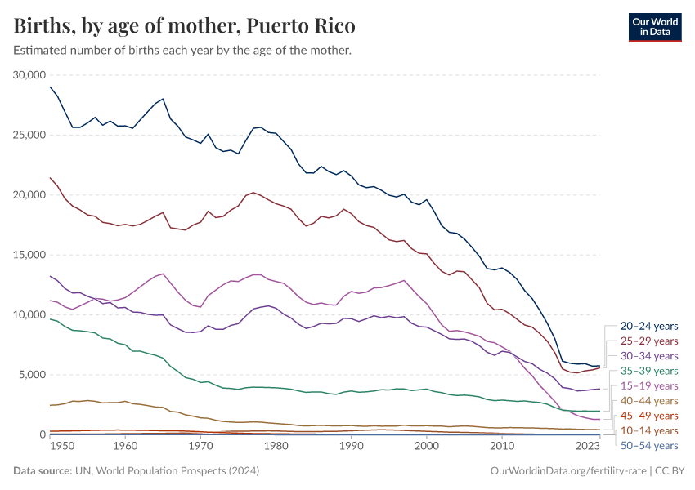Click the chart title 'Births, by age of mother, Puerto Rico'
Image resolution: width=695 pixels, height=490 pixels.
[185, 26]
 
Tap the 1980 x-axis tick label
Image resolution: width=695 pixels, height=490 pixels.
[276, 447]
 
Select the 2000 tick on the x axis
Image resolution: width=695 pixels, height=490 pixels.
[426, 447]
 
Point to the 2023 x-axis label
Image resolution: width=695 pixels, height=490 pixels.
[586, 447]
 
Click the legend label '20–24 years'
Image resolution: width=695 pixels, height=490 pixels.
[648, 326]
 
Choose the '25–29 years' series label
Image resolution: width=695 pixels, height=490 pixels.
[648, 341]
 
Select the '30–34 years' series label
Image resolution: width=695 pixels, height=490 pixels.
[648, 356]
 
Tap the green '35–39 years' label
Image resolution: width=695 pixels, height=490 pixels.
[648, 371]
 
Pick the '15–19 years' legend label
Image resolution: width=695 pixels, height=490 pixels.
[648, 385]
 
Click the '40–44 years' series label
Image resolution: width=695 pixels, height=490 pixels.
[648, 400]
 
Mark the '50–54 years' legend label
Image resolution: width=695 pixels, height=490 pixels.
[648, 445]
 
